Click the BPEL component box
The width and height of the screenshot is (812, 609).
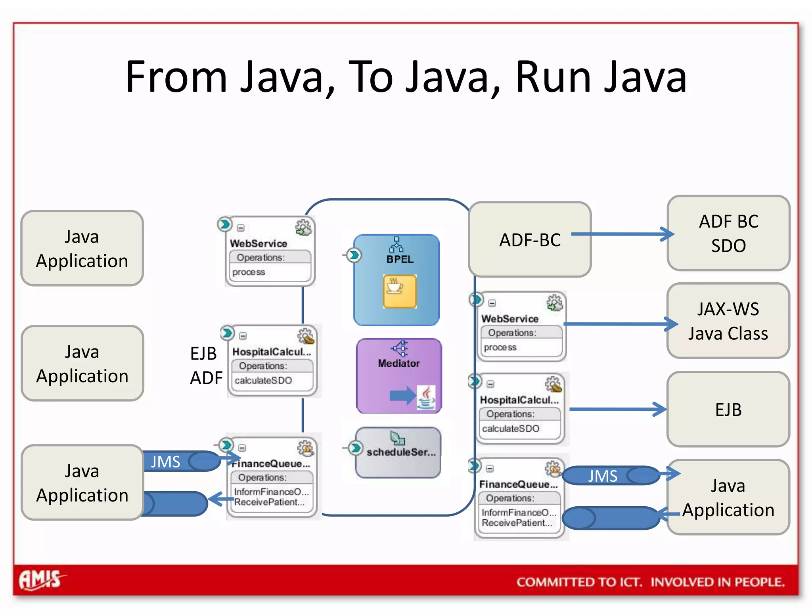(396, 280)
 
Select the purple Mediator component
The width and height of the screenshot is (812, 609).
(398, 375)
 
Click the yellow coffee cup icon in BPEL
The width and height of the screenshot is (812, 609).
(399, 291)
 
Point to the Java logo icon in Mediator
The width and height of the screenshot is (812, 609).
(426, 397)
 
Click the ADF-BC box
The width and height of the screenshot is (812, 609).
(530, 239)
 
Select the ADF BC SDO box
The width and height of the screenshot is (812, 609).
(728, 233)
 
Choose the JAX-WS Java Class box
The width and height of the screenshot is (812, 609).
(728, 321)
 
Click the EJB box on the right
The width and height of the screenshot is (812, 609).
(728, 409)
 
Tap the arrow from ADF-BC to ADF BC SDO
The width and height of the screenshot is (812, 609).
(622, 234)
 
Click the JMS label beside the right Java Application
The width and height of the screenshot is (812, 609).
(602, 476)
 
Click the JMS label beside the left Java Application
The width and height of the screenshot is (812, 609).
(165, 462)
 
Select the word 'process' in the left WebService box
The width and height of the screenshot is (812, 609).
(249, 272)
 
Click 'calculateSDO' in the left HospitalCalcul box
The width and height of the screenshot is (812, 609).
(263, 381)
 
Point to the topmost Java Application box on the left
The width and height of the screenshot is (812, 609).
(82, 248)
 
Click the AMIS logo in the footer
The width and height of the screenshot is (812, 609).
(41, 580)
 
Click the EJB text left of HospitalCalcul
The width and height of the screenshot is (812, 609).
(203, 353)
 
